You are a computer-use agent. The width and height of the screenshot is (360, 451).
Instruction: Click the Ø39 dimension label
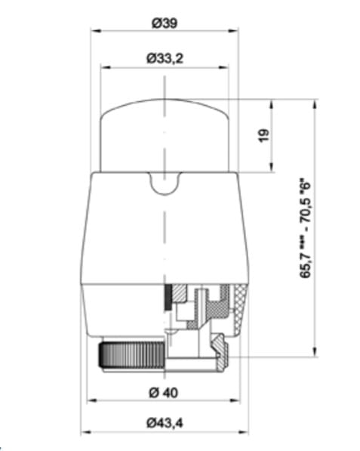[164, 23]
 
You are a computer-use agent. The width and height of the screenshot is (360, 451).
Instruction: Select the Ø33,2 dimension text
[164, 57]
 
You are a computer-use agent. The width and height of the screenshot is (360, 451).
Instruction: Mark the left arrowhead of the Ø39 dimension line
[94, 31]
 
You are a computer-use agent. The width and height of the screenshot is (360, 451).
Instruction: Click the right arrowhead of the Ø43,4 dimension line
[245, 432]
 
